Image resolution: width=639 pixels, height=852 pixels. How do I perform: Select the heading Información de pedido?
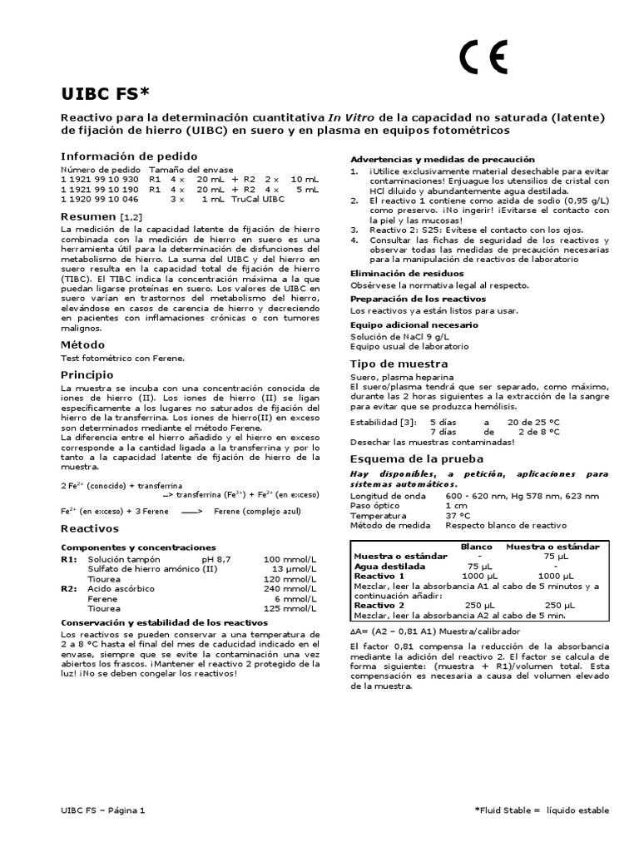click(129, 156)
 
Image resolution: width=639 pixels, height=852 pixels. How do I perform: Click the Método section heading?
click(82, 344)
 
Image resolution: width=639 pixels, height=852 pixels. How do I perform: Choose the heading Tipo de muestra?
click(399, 364)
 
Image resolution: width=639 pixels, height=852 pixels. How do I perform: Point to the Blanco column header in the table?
click(476, 547)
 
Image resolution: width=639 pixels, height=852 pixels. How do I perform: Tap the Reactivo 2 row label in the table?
click(379, 605)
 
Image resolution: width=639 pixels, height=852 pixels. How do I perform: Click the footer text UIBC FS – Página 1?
click(103, 810)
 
